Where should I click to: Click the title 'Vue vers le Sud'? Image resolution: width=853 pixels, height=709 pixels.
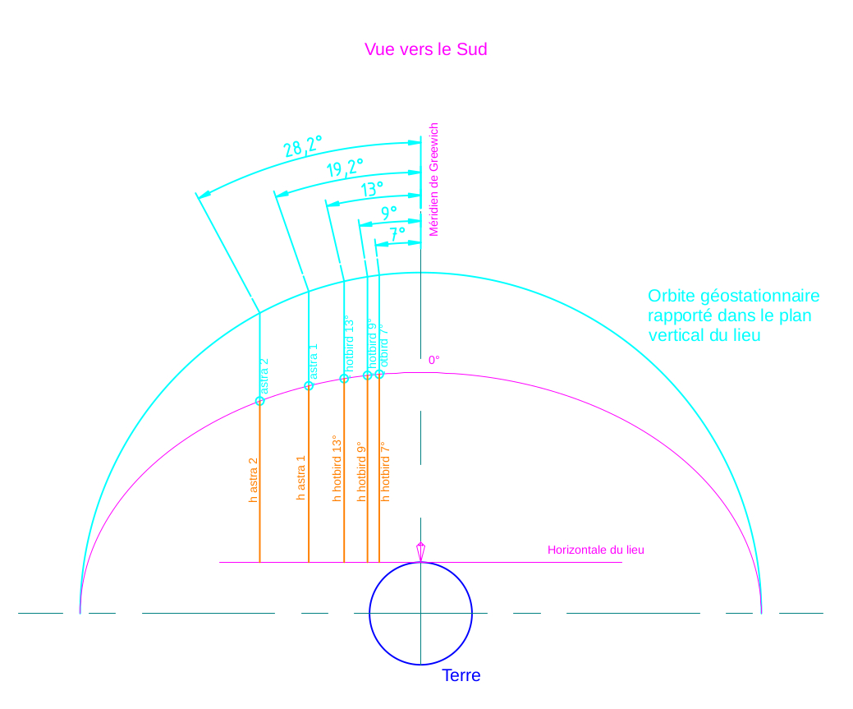coord(425,49)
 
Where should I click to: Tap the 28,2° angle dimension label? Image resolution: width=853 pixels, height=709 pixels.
coord(303,146)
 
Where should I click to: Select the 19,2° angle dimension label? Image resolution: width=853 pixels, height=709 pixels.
coord(345,168)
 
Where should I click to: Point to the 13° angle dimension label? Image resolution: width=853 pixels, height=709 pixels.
coord(372,190)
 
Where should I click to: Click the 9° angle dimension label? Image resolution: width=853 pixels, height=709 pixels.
coord(389,214)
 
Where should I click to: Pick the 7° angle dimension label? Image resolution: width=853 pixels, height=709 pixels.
coord(397,234)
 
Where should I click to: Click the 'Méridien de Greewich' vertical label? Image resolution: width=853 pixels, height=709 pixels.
coord(434,180)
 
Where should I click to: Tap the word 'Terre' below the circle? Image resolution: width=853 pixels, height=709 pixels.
coord(461,676)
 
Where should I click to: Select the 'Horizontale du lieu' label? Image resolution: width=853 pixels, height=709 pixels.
coord(595,550)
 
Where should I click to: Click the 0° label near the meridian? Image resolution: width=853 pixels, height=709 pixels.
coord(434,360)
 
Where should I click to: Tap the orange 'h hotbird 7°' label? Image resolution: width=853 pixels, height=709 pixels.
coord(385,472)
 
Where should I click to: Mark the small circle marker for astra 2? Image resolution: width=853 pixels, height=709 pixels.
coord(259,401)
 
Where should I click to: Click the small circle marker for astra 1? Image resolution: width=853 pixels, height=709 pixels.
coord(309,385)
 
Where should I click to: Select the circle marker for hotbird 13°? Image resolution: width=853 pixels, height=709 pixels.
coord(344,379)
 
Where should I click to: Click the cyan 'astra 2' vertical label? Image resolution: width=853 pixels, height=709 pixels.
coord(264,376)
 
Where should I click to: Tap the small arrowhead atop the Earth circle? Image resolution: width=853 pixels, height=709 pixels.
coord(421,550)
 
